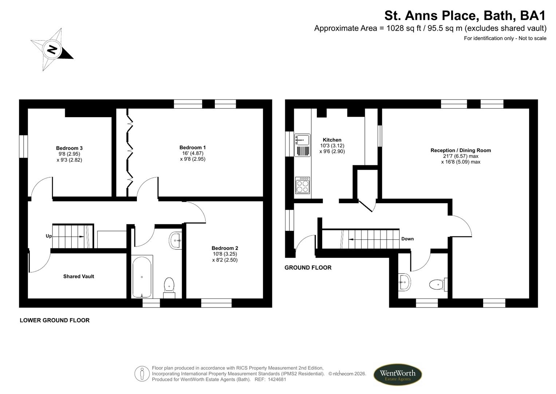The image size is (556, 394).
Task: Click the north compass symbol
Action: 52,49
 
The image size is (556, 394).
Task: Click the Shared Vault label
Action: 79,277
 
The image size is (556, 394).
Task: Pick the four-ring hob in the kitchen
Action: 302,185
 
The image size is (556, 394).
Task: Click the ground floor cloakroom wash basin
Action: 404,282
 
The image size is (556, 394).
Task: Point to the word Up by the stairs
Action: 49,236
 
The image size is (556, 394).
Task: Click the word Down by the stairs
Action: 407,239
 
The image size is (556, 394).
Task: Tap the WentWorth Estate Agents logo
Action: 397,375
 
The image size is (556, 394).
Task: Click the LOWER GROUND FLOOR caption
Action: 55,320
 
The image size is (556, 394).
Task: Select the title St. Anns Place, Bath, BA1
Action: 465,16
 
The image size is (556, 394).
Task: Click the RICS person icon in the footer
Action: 142,374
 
